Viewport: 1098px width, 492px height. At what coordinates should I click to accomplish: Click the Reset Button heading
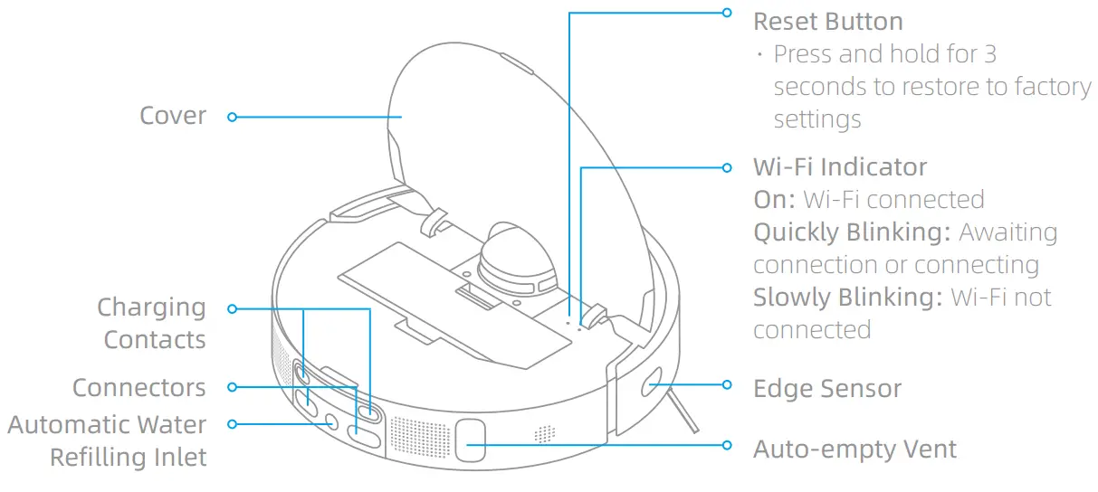pos(827,22)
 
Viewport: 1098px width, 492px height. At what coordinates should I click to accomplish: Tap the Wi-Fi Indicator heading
pos(840,167)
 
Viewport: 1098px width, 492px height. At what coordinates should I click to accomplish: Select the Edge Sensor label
pos(827,389)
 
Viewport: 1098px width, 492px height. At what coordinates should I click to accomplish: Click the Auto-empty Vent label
pos(855,449)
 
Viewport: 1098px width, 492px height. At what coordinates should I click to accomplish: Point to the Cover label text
pos(173,116)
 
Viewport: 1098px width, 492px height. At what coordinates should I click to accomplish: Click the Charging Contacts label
pos(152,324)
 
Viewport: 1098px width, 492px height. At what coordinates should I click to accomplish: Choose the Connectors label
pos(139,388)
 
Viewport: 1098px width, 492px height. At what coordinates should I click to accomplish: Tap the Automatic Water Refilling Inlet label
pos(108,440)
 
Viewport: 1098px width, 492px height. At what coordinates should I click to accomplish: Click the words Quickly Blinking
pos(852,232)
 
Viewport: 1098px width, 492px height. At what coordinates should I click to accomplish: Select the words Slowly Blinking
pos(847,298)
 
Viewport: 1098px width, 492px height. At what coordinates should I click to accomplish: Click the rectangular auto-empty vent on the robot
pos(470,440)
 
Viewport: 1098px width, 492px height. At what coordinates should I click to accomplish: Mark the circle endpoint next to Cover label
pos(233,117)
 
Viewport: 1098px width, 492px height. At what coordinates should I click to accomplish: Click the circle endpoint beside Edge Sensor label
pos(726,385)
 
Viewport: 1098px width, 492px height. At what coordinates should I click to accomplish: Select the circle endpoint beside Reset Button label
pos(726,13)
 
